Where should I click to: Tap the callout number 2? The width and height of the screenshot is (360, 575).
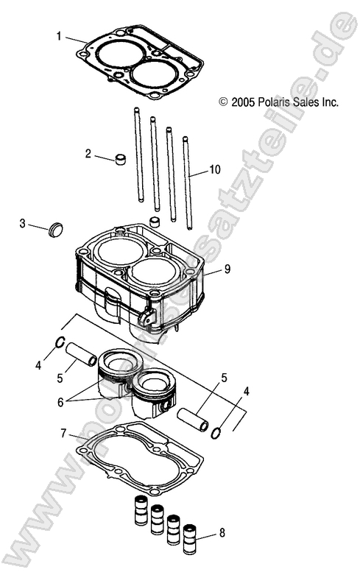point(88,154)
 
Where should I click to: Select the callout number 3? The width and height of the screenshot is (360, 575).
point(23,222)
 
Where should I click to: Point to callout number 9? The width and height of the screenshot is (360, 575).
point(227,269)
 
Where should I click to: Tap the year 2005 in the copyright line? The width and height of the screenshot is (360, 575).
point(242,103)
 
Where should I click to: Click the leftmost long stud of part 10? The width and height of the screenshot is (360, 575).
point(137,155)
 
